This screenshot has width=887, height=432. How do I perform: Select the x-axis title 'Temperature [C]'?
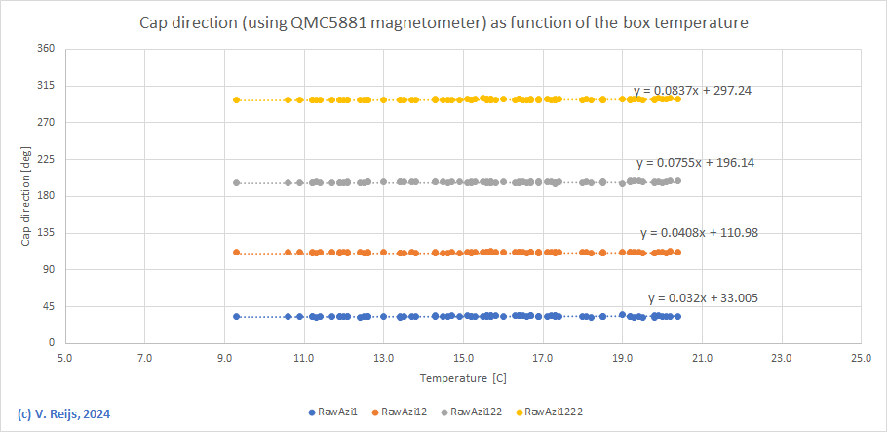[463, 377]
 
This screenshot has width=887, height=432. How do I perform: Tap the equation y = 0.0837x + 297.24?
[692, 91]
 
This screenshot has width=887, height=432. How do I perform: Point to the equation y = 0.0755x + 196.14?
[695, 163]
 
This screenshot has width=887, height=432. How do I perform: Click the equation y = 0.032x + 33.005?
[704, 298]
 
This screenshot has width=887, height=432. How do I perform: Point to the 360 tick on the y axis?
[45, 49]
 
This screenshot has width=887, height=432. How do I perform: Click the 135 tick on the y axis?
[45, 233]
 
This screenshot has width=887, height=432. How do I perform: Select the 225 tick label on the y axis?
[45, 159]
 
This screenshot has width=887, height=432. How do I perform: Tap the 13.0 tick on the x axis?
[383, 358]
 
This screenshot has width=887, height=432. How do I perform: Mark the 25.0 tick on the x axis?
[860, 358]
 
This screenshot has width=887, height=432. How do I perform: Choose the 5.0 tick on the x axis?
[64, 358]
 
